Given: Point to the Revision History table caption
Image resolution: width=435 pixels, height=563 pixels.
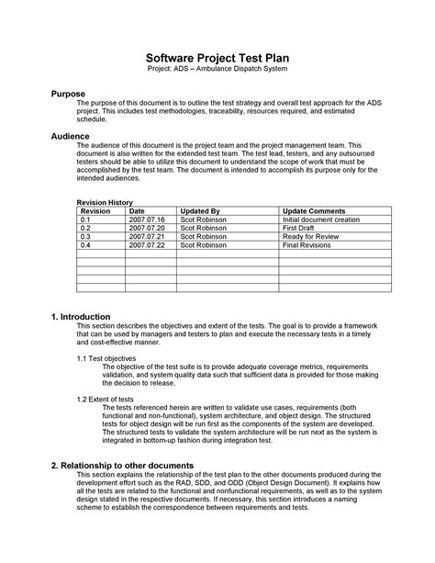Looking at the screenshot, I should (106, 202).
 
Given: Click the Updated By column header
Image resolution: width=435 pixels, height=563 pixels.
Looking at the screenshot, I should (199, 211).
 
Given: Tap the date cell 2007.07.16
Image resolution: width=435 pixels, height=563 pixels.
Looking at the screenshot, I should (146, 220).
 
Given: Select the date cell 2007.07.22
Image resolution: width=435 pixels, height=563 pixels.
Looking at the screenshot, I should (146, 246).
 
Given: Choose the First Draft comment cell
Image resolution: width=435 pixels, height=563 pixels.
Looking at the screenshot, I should (299, 229).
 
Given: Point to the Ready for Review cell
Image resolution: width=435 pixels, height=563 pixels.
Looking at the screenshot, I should (310, 238).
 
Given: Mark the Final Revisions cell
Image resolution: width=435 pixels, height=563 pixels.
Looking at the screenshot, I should (307, 246).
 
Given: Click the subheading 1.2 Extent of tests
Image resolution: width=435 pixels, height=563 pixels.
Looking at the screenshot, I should (105, 400).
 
